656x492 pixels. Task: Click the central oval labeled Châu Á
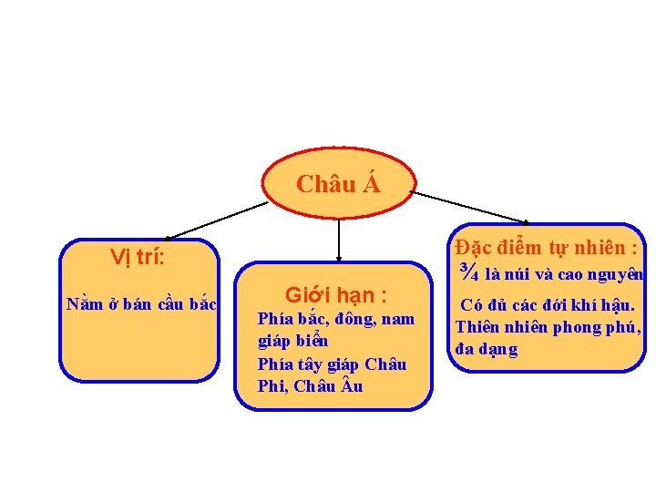[x=338, y=183]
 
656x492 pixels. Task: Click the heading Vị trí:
[x=138, y=257]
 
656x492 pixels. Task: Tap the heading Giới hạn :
[x=336, y=295]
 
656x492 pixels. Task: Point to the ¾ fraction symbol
[x=470, y=272]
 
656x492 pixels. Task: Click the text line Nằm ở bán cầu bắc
[x=141, y=304]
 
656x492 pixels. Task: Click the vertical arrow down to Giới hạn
[x=338, y=241]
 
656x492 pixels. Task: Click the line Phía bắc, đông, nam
[x=336, y=319]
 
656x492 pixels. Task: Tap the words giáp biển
[x=292, y=342]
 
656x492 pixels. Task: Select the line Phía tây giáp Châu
[x=333, y=364]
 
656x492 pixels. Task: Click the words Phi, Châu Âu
[x=311, y=386]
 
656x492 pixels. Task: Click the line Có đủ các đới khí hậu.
[x=548, y=306]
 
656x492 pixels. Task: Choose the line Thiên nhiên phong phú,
[x=548, y=327]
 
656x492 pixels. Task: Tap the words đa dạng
[x=487, y=349]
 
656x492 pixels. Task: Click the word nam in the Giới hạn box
[x=397, y=319]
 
